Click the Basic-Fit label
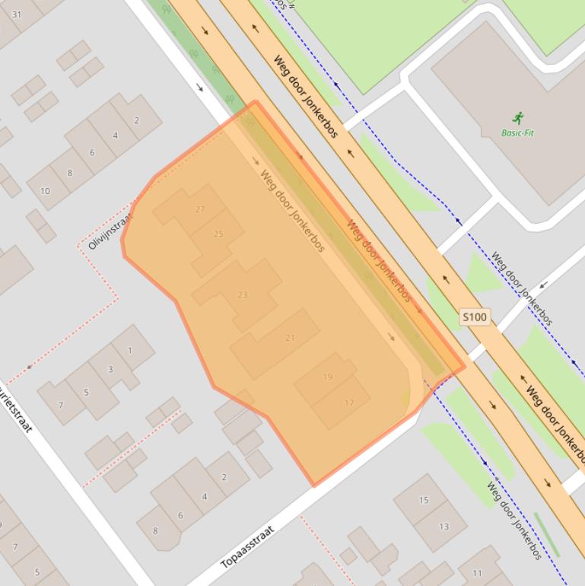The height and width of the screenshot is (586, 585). coord(517,133)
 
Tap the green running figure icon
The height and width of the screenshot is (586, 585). coord(518,118)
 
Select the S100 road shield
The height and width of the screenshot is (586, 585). coord(474,317)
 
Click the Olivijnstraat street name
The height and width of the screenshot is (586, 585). coord(110,231)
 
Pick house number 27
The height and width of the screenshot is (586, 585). coord(200,209)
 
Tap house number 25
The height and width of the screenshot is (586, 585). coord(218,234)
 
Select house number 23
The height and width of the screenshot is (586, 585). coord(243,295)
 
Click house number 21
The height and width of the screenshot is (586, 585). coord(290,338)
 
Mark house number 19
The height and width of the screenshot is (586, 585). coord(328,377)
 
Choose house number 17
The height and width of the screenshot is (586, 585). coord(349,403)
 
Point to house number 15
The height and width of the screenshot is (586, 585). coord(424,500)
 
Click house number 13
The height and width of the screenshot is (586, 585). coord(444,526)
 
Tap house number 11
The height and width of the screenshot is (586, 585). coord(477,573)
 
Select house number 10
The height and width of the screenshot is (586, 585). coord(45,190)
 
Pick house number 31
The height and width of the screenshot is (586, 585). coord(17,14)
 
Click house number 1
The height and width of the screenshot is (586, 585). coord(130,350)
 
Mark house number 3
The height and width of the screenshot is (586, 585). coord(110,369)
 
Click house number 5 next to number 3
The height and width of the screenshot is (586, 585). coord(86,393)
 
